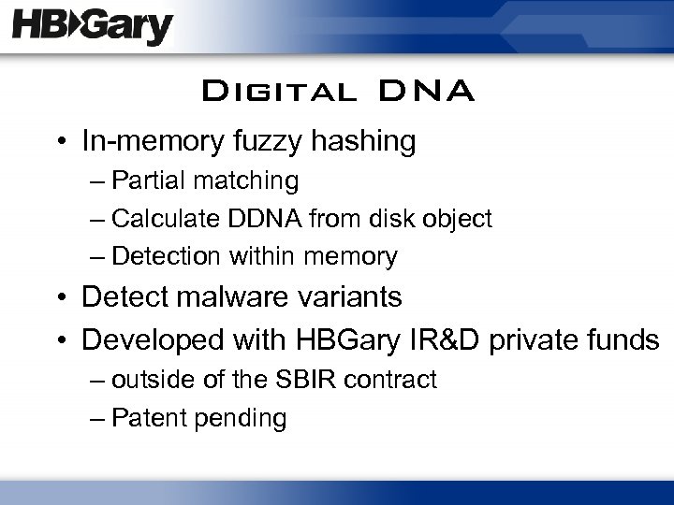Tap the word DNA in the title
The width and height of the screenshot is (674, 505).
point(427,93)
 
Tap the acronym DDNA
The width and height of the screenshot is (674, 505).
point(251,218)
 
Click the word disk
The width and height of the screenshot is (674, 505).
point(370,218)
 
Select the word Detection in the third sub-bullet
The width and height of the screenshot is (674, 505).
point(159,255)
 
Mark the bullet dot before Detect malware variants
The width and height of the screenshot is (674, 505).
point(63,298)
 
